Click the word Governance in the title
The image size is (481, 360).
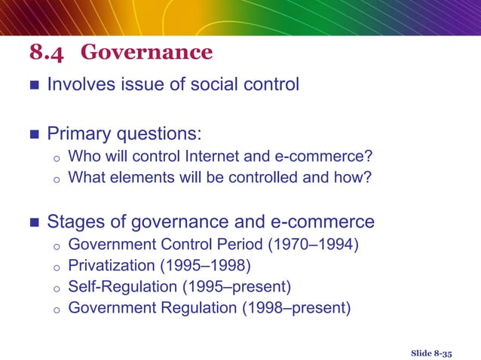pyautogui.click(x=146, y=53)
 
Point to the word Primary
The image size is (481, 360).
pyautogui.click(x=78, y=135)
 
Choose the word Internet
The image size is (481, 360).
pyautogui.click(x=201, y=157)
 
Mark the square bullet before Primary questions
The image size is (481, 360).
pyautogui.click(x=32, y=136)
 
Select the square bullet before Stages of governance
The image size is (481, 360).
pyautogui.click(x=32, y=223)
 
